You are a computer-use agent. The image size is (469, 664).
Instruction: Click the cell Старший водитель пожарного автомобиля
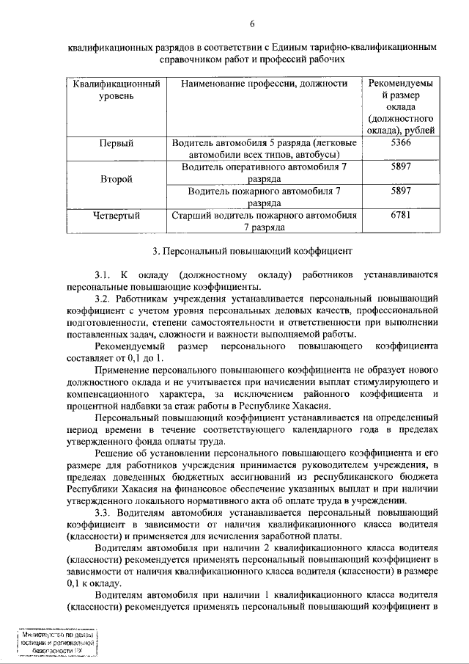pyautogui.click(x=265, y=222)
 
